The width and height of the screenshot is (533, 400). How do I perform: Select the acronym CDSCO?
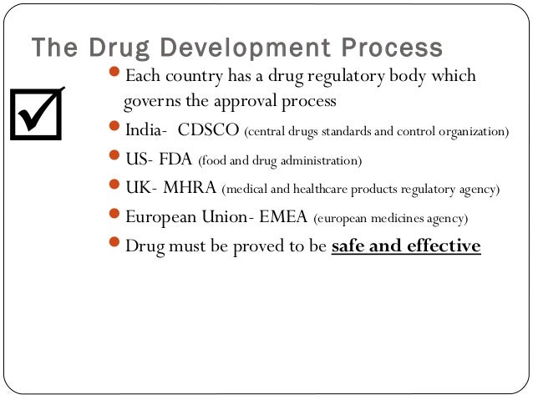[208, 131]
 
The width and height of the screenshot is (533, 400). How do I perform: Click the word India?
[144, 131]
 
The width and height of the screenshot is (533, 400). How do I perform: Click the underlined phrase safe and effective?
[406, 246]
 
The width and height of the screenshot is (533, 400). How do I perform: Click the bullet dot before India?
[116, 131]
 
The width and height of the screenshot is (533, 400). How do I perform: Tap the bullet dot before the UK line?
[116, 188]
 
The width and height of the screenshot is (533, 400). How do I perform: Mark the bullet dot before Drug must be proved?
[116, 246]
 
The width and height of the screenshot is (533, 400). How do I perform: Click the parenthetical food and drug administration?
[280, 160]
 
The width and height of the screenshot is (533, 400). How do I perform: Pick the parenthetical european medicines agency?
[391, 219]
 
